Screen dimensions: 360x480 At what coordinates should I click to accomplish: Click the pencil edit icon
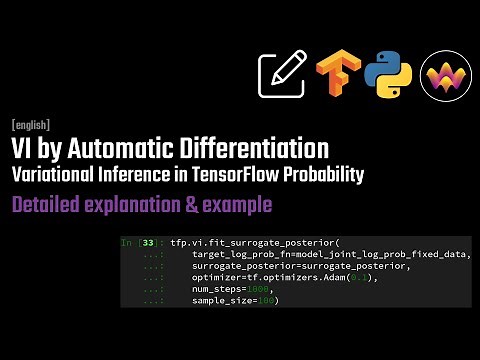coord(281,73)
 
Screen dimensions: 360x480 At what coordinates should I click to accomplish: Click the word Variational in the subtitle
coord(53,175)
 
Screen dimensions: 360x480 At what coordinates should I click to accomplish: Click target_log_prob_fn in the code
coord(240,255)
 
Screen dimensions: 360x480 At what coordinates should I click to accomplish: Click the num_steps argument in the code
coord(217,289)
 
